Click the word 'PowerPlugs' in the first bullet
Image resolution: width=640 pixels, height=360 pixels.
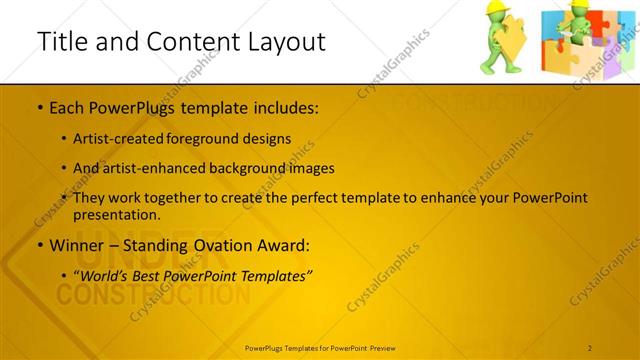(125, 106)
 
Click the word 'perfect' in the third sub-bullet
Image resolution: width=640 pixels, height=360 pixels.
(316, 198)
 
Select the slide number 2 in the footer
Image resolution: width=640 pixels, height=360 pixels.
(591, 347)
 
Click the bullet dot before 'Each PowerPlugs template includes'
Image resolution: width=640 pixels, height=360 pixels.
(38, 106)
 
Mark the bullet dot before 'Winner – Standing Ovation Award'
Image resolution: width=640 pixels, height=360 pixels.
(38, 245)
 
